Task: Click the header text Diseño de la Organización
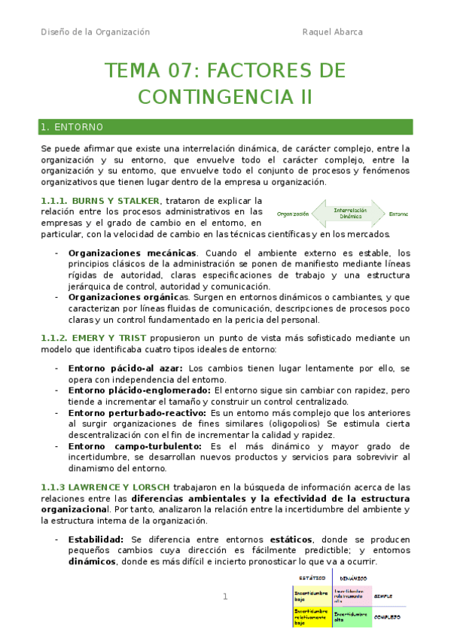tap(95, 32)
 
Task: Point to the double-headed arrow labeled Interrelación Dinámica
tap(350, 214)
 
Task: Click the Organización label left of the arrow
tap(294, 214)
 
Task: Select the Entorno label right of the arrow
tap(398, 214)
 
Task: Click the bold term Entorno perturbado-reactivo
tap(137, 413)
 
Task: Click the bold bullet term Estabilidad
tap(96, 539)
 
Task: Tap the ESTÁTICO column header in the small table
tap(312, 578)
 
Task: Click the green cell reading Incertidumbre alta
tap(352, 617)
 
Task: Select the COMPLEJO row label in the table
tap(388, 617)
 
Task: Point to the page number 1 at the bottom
tap(224, 597)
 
